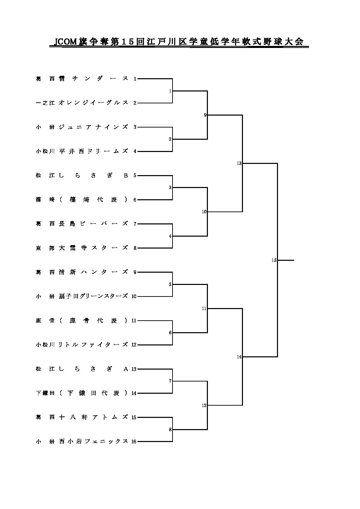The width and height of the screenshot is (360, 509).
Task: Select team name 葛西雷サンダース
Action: (82, 79)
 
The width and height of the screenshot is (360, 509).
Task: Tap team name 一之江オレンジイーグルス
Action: (82, 103)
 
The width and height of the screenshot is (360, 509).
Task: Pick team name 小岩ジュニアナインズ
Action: (82, 127)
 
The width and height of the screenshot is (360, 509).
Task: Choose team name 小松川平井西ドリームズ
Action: (82, 151)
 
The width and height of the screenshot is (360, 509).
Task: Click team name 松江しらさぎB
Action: (82, 175)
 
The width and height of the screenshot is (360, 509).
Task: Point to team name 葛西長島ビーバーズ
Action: (82, 224)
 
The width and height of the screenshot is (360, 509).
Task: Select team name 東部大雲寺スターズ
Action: (82, 248)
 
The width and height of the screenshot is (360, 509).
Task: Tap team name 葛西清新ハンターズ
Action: (82, 272)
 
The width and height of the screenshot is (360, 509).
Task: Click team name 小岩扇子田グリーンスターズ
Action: (82, 296)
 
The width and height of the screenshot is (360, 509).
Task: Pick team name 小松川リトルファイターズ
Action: (82, 345)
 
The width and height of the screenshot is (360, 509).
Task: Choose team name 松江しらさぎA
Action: (82, 369)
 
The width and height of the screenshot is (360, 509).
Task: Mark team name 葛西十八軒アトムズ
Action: (82, 418)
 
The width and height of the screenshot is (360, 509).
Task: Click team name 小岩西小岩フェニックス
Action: (82, 442)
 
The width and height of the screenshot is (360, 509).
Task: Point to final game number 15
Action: (274, 260)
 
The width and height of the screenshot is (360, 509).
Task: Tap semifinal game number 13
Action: (239, 163)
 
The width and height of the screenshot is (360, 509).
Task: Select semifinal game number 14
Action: (239, 357)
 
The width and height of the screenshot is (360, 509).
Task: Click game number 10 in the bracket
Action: (204, 211)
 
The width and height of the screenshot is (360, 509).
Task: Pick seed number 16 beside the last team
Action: (134, 442)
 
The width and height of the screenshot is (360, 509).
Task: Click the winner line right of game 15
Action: (285, 260)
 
